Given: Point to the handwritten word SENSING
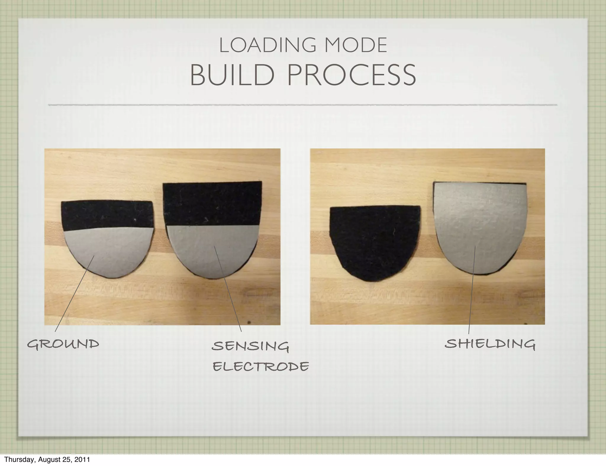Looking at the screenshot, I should pos(250,346).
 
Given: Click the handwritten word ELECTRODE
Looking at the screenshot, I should pos(261,367).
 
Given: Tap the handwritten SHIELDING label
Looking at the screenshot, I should pos(490,344).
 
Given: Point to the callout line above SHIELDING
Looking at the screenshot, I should pos(471,296).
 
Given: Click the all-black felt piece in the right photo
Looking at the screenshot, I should pos(374,242).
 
